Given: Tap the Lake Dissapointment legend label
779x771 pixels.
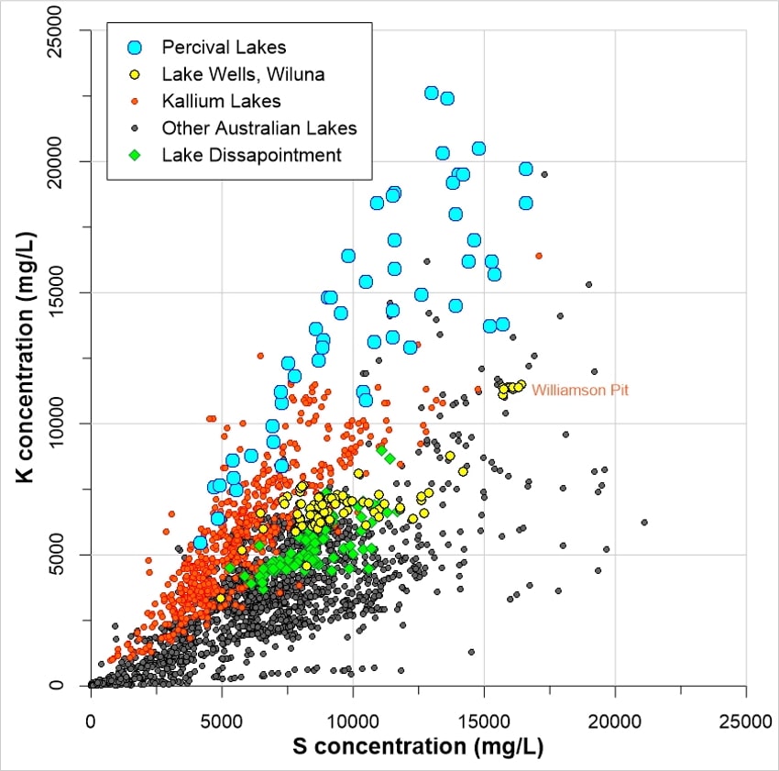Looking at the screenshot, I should pyautogui.click(x=251, y=155).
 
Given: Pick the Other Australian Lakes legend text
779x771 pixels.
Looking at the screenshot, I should pyautogui.click(x=259, y=127).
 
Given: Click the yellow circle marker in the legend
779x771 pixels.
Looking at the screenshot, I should pyautogui.click(x=135, y=73).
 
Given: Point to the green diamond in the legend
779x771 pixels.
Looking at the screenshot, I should pyautogui.click(x=135, y=155).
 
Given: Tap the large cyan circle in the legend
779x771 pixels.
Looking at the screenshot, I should pyautogui.click(x=135, y=46).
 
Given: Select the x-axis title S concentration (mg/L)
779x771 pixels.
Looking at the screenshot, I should pyautogui.click(x=418, y=746).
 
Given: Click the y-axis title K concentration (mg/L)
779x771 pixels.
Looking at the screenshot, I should pyautogui.click(x=27, y=358).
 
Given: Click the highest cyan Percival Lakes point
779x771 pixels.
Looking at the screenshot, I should pyautogui.click(x=432, y=93).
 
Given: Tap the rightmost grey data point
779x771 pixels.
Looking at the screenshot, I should pyautogui.click(x=644, y=522).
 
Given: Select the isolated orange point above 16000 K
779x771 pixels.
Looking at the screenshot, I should pyautogui.click(x=539, y=256).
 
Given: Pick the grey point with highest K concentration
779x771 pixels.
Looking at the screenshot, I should pyautogui.click(x=544, y=174).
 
